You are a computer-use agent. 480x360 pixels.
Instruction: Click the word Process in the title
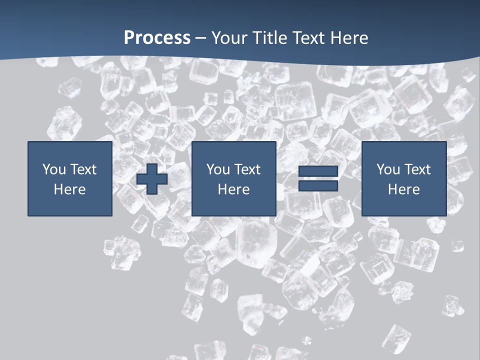(157, 38)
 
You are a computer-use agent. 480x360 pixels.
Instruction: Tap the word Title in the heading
(270, 38)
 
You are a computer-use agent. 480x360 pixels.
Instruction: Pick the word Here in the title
(349, 38)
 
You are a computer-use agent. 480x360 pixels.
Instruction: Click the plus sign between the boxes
(152, 178)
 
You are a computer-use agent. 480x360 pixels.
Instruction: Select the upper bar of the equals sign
(318, 171)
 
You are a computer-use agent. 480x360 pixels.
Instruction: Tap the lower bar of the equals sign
(318, 186)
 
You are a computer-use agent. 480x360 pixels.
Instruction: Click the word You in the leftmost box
(54, 169)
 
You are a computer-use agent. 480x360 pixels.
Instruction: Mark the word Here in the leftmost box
(69, 189)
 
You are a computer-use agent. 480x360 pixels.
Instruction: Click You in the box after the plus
(218, 169)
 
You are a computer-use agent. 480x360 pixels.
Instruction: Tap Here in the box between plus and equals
(233, 189)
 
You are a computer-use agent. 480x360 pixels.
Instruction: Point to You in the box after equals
(388, 169)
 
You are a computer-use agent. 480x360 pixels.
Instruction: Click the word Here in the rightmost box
(403, 189)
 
